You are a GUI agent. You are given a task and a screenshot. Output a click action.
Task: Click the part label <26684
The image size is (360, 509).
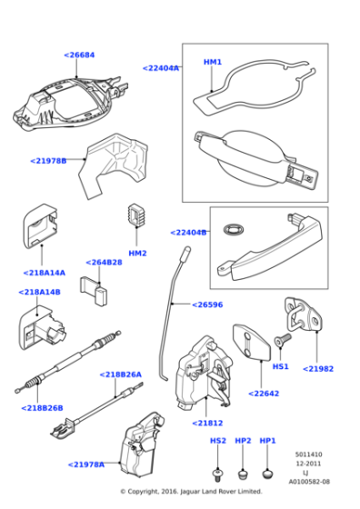point(79,55)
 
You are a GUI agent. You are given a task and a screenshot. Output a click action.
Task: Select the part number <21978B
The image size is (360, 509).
point(48,161)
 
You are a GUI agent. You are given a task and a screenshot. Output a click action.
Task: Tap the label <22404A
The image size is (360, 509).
point(161,68)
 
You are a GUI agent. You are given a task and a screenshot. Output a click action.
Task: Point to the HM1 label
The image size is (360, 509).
point(212,62)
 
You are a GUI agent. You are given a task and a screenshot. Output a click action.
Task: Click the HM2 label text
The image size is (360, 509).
point(137,253)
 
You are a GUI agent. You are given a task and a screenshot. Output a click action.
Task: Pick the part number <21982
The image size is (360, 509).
point(318,369)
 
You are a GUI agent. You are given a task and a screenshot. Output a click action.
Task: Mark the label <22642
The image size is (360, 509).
point(238,394)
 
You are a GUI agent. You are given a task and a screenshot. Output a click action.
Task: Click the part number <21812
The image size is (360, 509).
point(206,423)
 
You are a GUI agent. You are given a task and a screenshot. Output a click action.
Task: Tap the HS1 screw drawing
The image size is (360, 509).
point(280,337)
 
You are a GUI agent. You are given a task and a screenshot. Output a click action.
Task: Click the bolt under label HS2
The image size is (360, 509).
point(218,474)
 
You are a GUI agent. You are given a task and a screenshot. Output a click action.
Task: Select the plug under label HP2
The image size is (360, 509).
point(243,474)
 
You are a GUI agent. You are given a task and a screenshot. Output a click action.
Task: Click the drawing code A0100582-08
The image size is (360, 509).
point(310,482)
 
